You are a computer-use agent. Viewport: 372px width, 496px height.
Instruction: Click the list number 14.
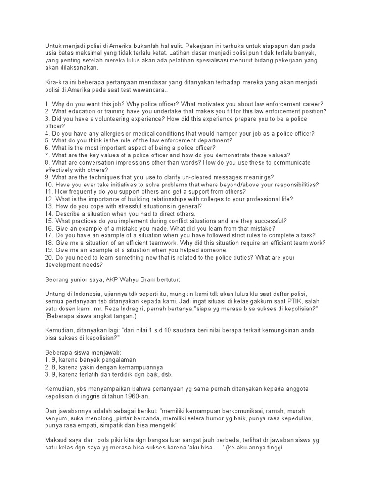[x=48, y=214]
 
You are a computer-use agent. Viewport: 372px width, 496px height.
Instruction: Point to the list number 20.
[x=48, y=257]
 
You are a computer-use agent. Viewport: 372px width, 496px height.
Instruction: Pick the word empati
[x=97, y=426]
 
